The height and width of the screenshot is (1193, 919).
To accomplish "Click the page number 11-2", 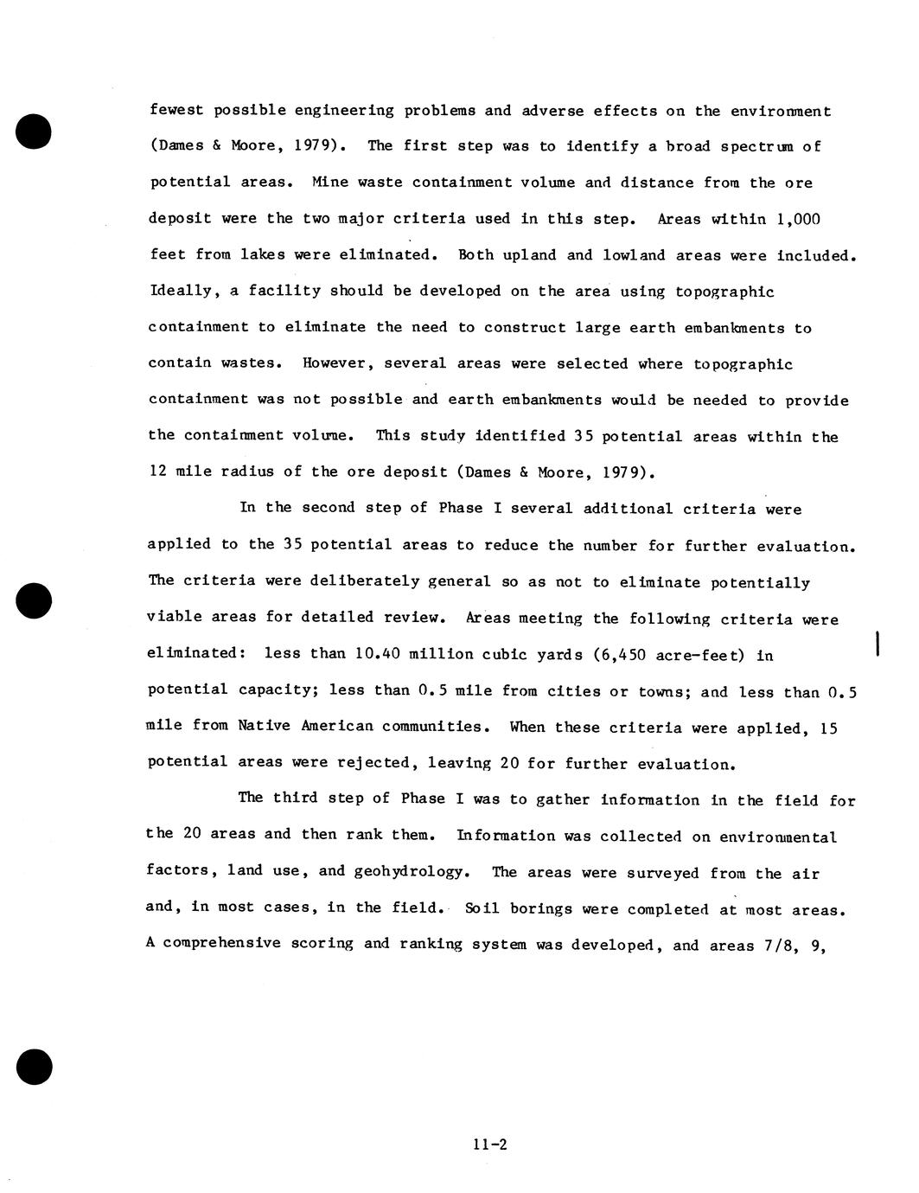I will [x=489, y=1145].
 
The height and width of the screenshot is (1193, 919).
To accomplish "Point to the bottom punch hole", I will [x=34, y=1066].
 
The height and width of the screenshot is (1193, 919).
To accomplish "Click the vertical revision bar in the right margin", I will [x=878, y=645].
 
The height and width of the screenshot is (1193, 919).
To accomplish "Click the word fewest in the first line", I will [x=176, y=111].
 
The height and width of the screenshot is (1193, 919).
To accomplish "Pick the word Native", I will [x=265, y=727].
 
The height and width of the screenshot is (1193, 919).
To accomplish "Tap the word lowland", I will [x=634, y=255].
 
